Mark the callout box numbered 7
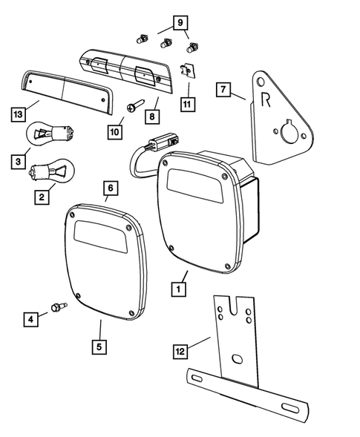click(x=222, y=91)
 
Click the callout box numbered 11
click(x=187, y=103)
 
